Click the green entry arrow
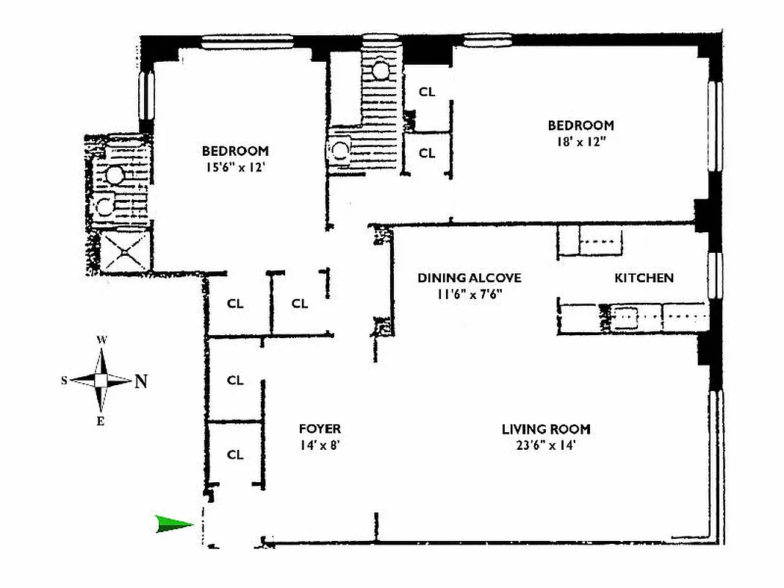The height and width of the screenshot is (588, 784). point(174,524)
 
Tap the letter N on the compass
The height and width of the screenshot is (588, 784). point(140,381)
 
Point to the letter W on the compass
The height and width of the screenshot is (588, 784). point(103,340)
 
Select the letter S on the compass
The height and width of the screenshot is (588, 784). point(65,380)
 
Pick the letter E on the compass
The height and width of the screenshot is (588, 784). point(101,420)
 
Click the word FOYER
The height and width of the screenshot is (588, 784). point(320,429)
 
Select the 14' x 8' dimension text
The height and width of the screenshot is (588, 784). point(320,445)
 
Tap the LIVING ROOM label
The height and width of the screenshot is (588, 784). point(546,429)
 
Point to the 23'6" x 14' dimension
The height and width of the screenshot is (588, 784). point(546,445)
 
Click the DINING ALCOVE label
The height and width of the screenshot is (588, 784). point(470,278)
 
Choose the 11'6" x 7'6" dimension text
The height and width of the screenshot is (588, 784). point(470,293)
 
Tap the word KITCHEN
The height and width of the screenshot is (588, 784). point(644,278)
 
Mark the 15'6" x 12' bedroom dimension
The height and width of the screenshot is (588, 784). point(235,167)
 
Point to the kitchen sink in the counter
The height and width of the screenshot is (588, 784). point(625,317)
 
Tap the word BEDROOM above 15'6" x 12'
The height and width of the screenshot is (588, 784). point(235,151)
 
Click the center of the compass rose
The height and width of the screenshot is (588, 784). point(101,380)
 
